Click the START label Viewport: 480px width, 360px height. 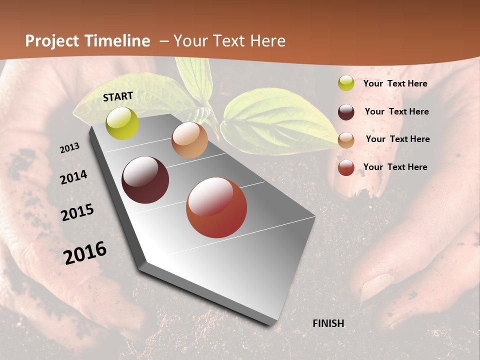tap(118, 96)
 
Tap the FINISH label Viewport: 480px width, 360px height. tap(328, 323)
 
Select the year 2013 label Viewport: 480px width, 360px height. tap(69, 148)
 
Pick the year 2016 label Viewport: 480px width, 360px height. tap(85, 253)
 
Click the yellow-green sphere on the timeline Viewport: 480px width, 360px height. tap(122, 123)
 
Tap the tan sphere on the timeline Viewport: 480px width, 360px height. tap(189, 140)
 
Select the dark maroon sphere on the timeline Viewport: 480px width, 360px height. tap(145, 180)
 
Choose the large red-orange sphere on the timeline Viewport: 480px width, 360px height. tap(216, 207)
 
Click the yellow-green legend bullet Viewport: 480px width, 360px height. tap(346, 83)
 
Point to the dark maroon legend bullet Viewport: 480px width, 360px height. tap(346, 111)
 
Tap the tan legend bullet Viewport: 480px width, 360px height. tap(346, 139)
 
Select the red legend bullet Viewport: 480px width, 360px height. tap(346, 167)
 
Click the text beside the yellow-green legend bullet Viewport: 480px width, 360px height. tap(395, 83)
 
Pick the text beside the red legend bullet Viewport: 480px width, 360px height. tap(395, 167)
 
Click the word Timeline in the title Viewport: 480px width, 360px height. tap(118, 41)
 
